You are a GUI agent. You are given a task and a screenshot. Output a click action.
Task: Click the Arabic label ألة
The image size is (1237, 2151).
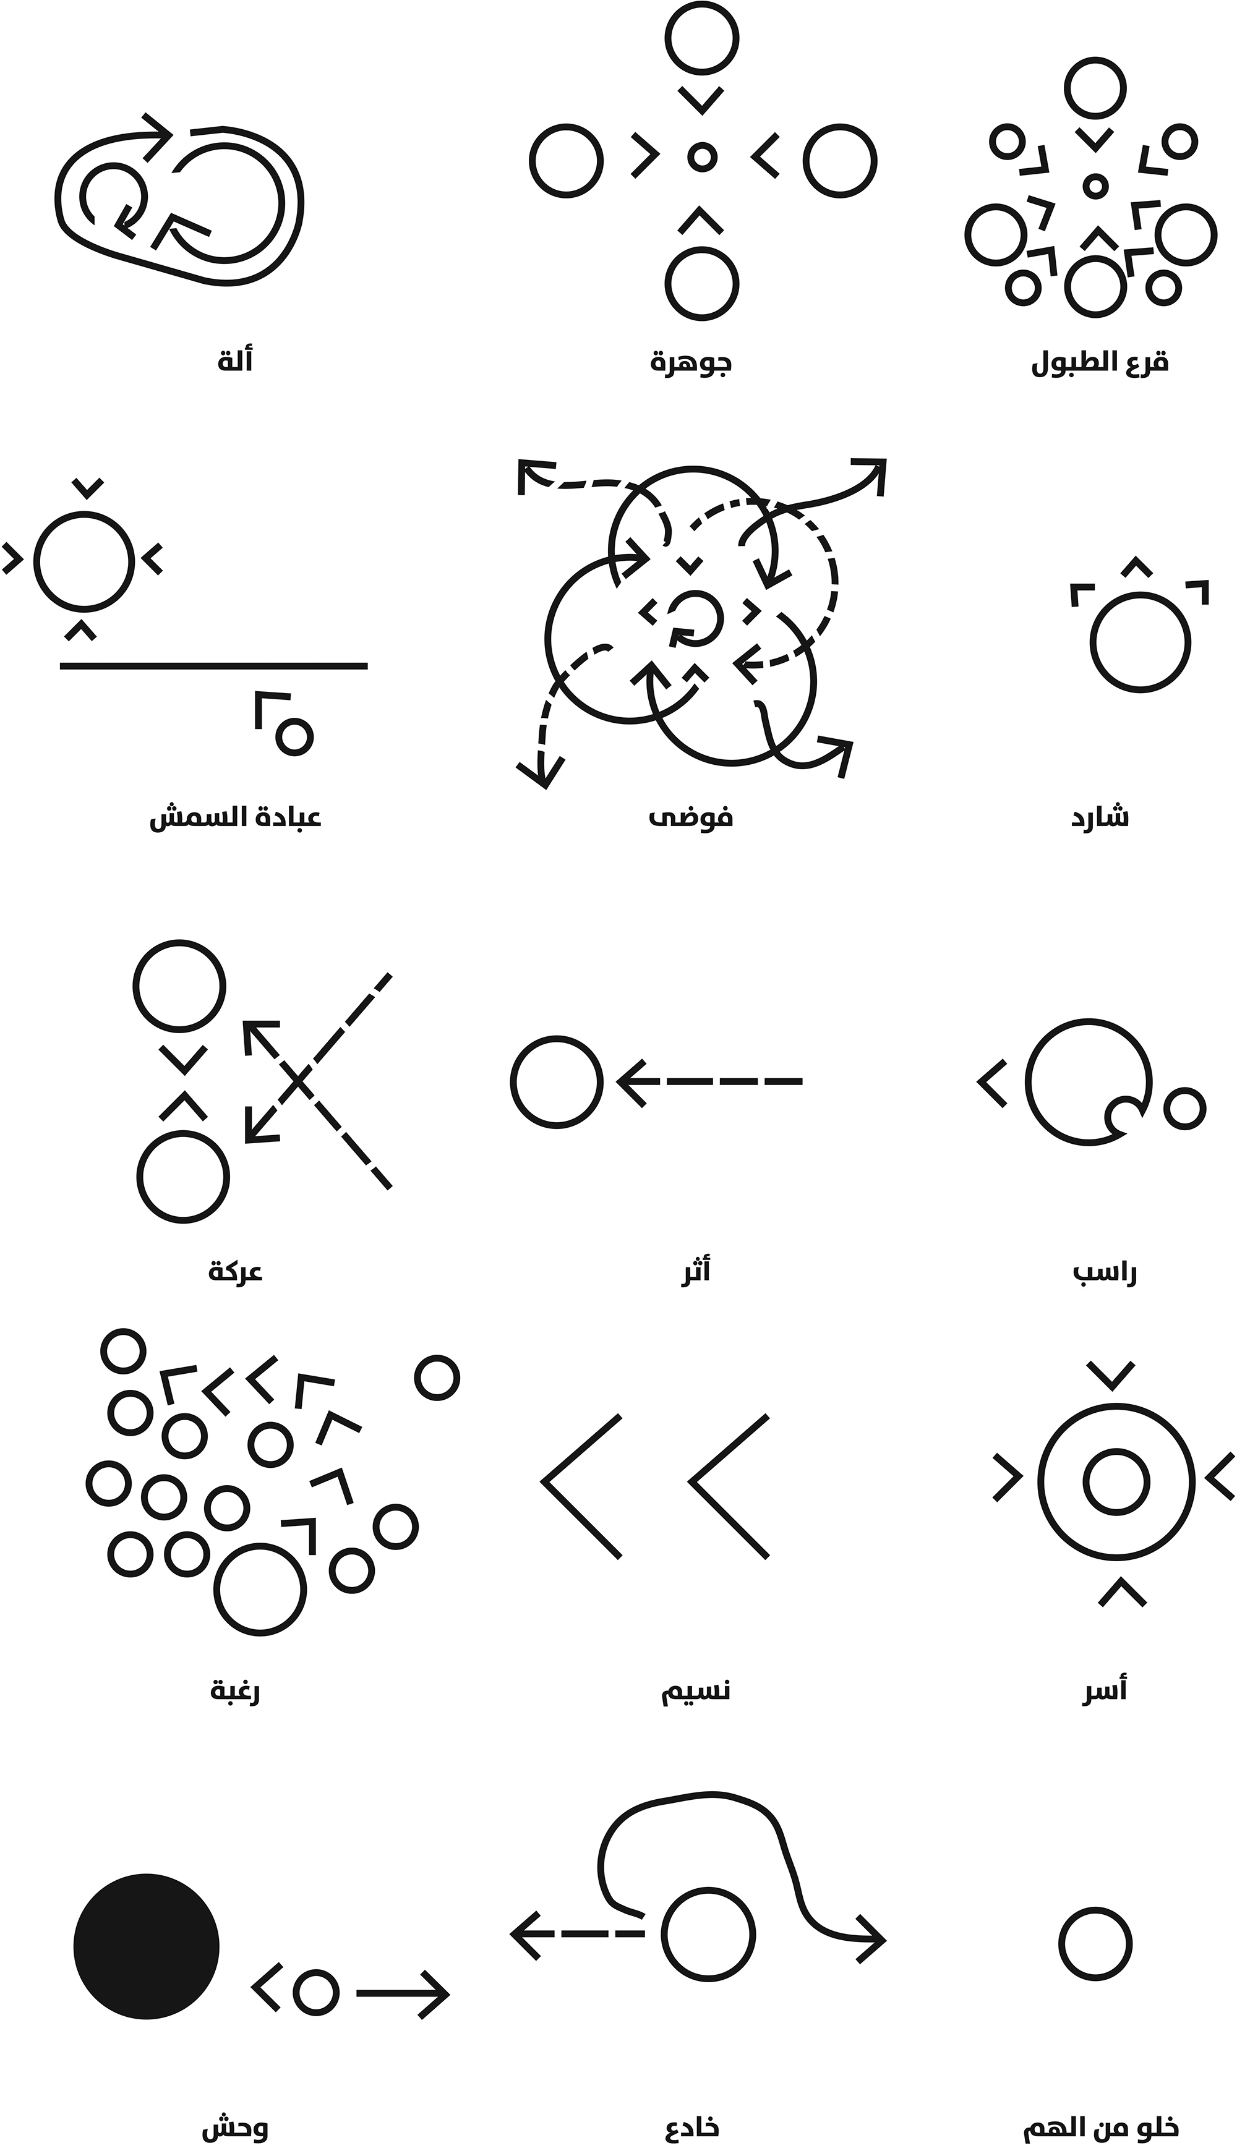(x=235, y=362)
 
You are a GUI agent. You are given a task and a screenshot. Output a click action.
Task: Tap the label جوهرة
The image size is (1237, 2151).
(x=691, y=362)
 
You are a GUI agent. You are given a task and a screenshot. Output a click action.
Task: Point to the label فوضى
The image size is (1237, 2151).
(x=691, y=817)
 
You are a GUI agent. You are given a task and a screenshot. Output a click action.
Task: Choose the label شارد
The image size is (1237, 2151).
(x=1100, y=817)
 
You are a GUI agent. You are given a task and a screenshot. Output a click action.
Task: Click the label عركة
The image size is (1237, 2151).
(x=235, y=1272)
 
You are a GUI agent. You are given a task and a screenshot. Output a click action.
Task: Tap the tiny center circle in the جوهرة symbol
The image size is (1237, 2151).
(x=702, y=157)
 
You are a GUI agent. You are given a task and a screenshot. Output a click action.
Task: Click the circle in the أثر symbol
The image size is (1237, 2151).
(x=557, y=1082)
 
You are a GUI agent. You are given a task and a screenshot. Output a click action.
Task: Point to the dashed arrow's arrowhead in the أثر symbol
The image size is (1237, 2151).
(x=627, y=1082)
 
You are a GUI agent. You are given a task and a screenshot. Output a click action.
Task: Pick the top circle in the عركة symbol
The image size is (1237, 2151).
(x=179, y=987)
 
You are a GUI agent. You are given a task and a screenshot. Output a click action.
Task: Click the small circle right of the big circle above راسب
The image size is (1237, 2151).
(x=1185, y=1108)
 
